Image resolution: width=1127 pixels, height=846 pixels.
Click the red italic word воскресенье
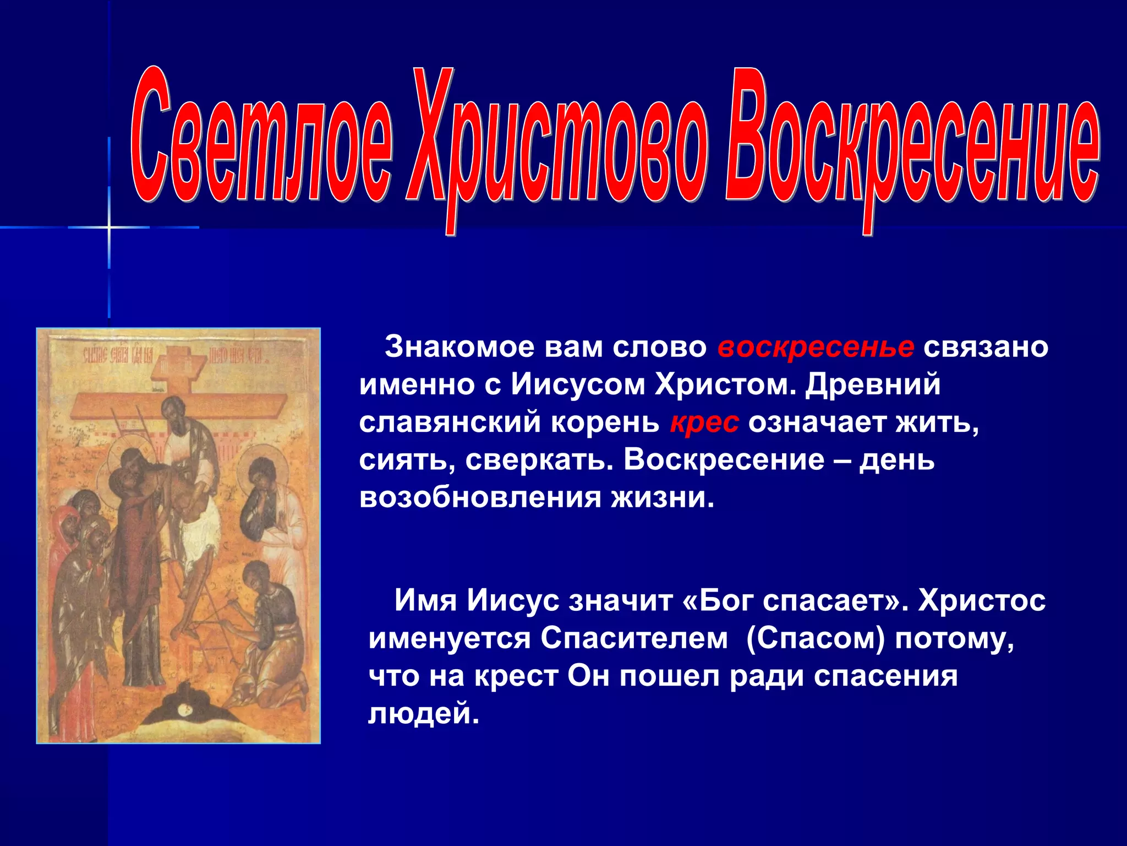816,347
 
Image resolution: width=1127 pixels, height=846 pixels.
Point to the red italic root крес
704,422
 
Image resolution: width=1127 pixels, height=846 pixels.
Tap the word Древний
873,384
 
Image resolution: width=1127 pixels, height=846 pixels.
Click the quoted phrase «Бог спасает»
794,600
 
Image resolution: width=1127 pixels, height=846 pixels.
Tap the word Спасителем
634,638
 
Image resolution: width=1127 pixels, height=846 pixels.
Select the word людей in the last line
423,714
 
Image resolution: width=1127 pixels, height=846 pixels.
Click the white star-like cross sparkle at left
109,227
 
